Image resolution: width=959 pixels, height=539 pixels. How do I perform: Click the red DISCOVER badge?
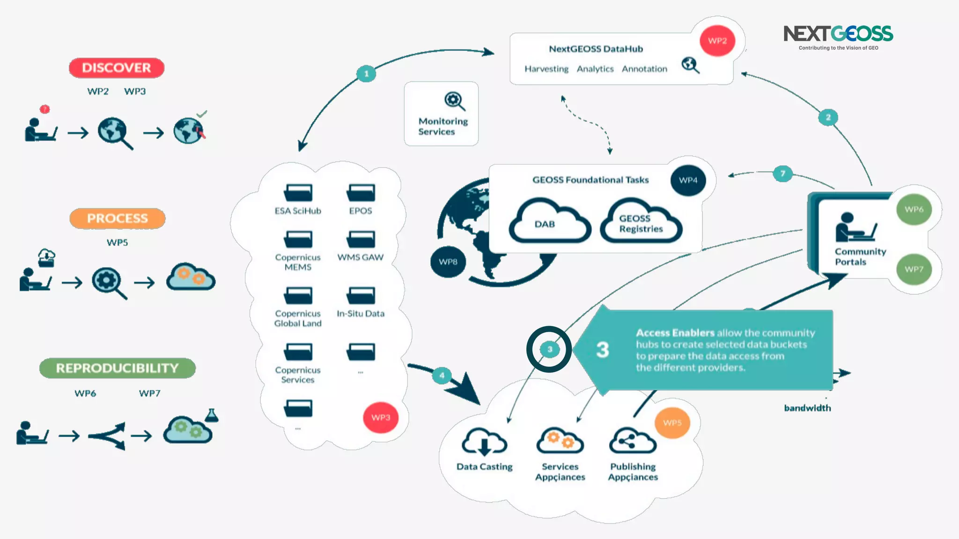tap(117, 68)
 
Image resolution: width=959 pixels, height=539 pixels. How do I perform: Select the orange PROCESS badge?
tap(117, 219)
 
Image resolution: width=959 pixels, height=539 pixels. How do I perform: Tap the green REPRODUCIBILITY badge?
tap(117, 368)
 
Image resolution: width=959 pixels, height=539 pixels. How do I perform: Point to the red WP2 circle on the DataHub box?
tap(717, 41)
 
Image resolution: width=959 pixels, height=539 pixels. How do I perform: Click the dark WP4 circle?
tap(688, 180)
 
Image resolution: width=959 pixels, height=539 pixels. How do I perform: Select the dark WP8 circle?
tap(448, 262)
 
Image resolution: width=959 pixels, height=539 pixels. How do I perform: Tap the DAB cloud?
tap(549, 222)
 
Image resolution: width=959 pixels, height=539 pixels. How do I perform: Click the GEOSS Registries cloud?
tap(641, 222)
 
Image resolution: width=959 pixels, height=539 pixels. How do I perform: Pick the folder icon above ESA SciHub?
tap(298, 192)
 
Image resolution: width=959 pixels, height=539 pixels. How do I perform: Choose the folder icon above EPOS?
tap(361, 192)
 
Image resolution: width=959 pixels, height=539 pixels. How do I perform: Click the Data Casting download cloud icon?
tap(484, 441)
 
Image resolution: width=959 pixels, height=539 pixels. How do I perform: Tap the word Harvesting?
tap(546, 69)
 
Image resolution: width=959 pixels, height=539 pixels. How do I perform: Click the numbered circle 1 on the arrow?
tap(366, 73)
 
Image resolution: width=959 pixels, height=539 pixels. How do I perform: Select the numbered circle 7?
tap(782, 174)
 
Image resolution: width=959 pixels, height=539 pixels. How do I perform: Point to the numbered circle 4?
tap(442, 375)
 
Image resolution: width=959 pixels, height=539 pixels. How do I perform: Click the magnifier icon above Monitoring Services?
tap(454, 101)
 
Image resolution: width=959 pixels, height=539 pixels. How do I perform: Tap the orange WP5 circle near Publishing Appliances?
tap(672, 422)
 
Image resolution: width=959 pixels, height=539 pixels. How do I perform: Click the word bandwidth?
tap(807, 408)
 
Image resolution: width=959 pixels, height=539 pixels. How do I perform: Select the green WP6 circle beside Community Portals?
tap(914, 209)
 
